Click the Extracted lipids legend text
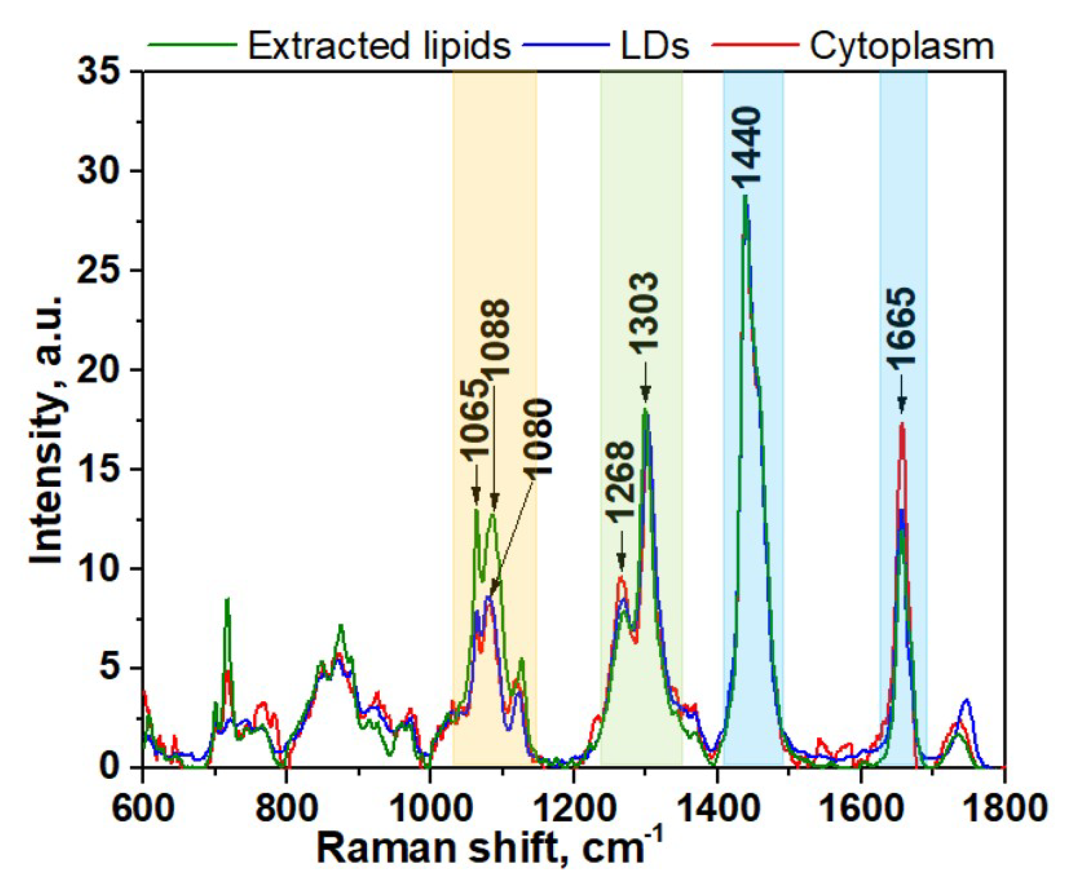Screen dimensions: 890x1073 [x=379, y=46]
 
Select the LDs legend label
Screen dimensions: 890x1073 [x=655, y=46]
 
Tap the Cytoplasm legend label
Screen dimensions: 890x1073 [x=902, y=46]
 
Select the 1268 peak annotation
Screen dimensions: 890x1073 [x=621, y=481]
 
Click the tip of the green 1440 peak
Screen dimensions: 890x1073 [x=745, y=196]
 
